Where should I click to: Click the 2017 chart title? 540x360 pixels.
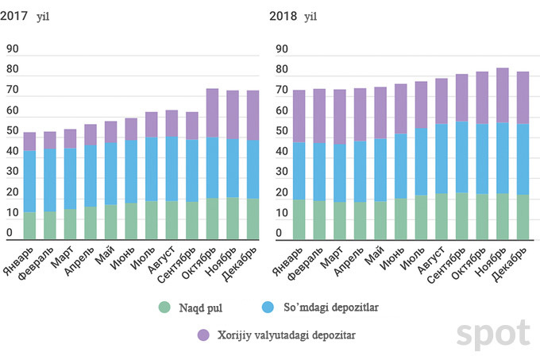pyautogui.click(x=21, y=15)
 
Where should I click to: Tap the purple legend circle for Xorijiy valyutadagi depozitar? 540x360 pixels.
pyautogui.click(x=203, y=335)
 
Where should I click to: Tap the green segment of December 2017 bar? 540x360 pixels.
pyautogui.click(x=253, y=219)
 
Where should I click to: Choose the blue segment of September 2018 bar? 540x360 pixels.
pyautogui.click(x=462, y=157)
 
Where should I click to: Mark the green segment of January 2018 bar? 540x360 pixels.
pyautogui.click(x=299, y=219)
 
